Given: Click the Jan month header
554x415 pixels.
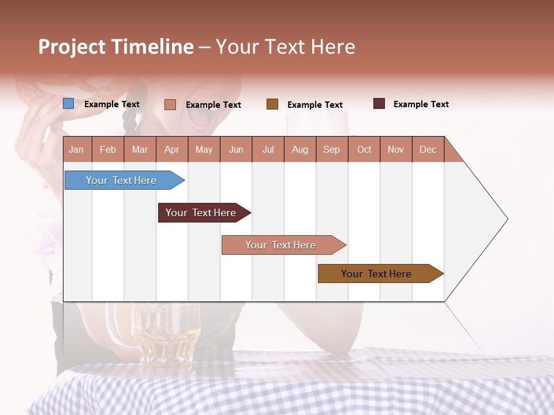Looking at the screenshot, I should [76, 150].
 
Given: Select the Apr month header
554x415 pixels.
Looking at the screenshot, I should [172, 150].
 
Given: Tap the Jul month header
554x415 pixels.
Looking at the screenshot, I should [268, 150].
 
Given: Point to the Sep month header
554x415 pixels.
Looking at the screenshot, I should [331, 150].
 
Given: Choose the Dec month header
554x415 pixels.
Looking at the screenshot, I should [428, 150].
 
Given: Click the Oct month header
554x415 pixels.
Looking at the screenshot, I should [364, 150].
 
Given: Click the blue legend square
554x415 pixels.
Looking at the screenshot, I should [69, 104].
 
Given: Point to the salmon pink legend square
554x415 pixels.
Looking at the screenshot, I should [170, 104].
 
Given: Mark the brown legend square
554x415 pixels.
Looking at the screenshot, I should [272, 104].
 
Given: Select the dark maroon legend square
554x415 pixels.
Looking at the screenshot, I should [379, 104].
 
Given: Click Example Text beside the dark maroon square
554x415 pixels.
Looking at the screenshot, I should [421, 104].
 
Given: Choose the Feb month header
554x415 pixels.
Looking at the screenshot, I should [108, 150].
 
